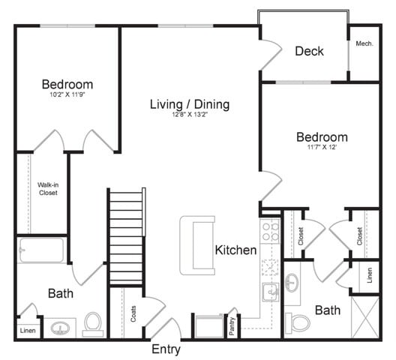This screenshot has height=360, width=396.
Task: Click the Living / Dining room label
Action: pos(189,104)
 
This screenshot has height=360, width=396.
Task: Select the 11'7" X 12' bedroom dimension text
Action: pos(322,148)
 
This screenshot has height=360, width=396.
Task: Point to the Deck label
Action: pos(309,51)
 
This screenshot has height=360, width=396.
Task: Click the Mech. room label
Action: pos(365,43)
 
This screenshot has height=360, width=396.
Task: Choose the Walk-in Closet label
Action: pos(48,188)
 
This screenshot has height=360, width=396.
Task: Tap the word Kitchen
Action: pos(235,250)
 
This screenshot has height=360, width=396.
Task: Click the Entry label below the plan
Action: pos(166,349)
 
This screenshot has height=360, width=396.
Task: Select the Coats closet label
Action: pos(134,313)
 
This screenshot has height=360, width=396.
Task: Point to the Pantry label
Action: pos(232,324)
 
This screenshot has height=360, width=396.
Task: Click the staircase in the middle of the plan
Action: pos(126,236)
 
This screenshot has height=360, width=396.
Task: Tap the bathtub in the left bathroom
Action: pos(41,250)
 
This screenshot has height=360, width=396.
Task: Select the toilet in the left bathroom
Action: pos(93,322)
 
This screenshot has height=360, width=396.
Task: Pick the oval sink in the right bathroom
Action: pos(292,282)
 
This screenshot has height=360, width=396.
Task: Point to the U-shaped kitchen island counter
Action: pos(196,244)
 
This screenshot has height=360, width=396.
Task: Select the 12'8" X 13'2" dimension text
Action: pos(189,115)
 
